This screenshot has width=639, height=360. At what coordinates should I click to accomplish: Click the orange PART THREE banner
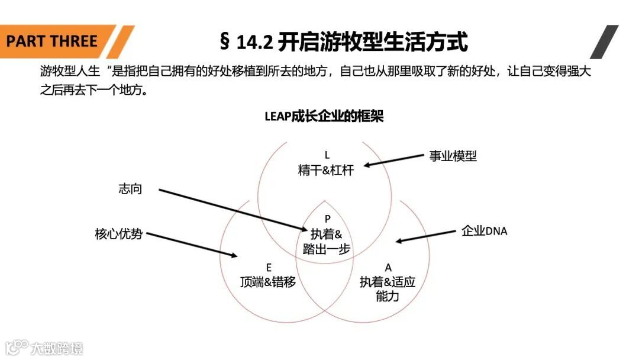[53, 41]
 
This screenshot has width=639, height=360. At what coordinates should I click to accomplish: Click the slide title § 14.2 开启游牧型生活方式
[343, 42]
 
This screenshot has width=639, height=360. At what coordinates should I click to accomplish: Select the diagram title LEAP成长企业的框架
[324, 117]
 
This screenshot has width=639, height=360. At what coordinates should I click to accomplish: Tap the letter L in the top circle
[327, 156]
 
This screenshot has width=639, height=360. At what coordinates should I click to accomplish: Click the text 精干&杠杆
[325, 171]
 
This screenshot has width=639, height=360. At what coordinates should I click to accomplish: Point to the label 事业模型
[453, 156]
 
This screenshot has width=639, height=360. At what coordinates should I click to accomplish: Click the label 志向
[130, 189]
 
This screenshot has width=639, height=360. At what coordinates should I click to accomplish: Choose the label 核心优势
[118, 234]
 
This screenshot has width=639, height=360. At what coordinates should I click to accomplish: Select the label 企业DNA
[484, 231]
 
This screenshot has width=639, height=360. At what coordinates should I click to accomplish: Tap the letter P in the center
[327, 219]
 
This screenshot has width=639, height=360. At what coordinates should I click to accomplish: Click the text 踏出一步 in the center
[326, 249]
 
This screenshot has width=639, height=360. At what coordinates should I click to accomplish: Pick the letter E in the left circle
[269, 268]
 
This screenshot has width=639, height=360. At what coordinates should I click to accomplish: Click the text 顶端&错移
[268, 282]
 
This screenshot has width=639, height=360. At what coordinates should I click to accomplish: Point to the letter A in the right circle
[388, 268]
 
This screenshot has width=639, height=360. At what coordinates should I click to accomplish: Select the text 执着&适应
[388, 282]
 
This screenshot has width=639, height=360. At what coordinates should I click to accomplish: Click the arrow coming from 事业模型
[394, 160]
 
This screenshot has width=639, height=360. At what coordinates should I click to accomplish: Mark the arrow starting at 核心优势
[192, 245]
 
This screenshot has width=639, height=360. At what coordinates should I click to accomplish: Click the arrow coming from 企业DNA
[426, 236]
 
